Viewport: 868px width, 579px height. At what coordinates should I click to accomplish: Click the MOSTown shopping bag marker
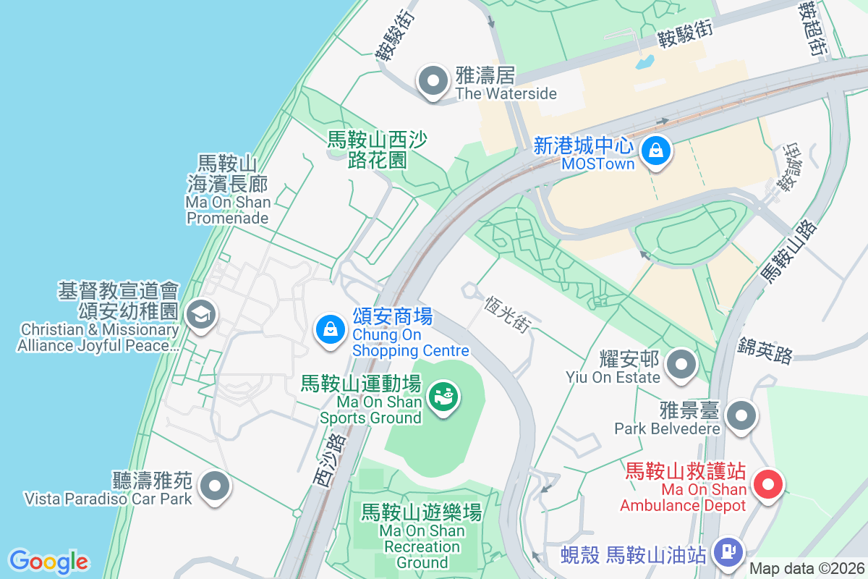point(655,151)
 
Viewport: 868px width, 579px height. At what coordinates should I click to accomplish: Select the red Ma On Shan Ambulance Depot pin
point(768,484)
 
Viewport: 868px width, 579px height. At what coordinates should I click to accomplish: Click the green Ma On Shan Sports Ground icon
point(443,397)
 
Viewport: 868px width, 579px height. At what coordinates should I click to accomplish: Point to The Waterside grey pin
point(433,82)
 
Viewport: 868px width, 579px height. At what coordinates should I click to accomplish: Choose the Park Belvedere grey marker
point(741,416)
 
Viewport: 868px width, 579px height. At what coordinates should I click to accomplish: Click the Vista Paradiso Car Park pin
point(215,486)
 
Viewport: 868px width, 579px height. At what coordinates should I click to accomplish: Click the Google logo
point(48,562)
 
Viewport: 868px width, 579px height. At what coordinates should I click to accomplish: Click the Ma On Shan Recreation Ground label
point(422,536)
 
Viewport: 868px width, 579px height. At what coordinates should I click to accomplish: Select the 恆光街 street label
point(506,312)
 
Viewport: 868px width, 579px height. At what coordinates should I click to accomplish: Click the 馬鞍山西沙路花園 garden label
point(377,149)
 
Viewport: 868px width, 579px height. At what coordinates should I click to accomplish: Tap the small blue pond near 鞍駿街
point(644,62)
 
